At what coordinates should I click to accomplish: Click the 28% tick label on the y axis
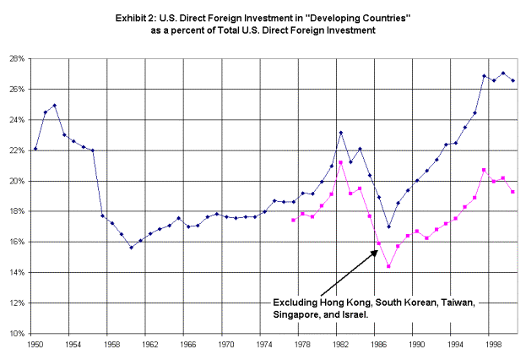(x=17, y=59)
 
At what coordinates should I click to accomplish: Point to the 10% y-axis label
(x=17, y=334)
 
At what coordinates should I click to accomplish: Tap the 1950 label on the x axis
(x=35, y=345)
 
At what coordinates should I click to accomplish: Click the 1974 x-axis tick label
(x=264, y=345)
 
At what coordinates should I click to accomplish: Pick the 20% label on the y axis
(x=17, y=182)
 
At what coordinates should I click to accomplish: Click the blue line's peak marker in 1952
(x=55, y=106)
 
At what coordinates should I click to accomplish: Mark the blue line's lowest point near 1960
(x=131, y=248)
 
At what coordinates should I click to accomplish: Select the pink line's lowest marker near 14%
(x=388, y=266)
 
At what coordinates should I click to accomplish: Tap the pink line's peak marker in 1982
(x=341, y=162)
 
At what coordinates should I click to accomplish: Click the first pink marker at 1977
(x=293, y=221)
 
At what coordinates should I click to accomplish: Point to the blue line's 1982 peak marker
(x=341, y=133)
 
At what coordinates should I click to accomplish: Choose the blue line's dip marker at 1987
(x=388, y=227)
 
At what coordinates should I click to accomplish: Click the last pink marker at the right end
(x=512, y=192)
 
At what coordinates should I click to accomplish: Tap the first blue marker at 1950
(x=35, y=149)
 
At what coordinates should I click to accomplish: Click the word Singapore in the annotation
(x=292, y=315)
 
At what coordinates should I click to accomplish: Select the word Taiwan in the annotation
(x=458, y=303)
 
